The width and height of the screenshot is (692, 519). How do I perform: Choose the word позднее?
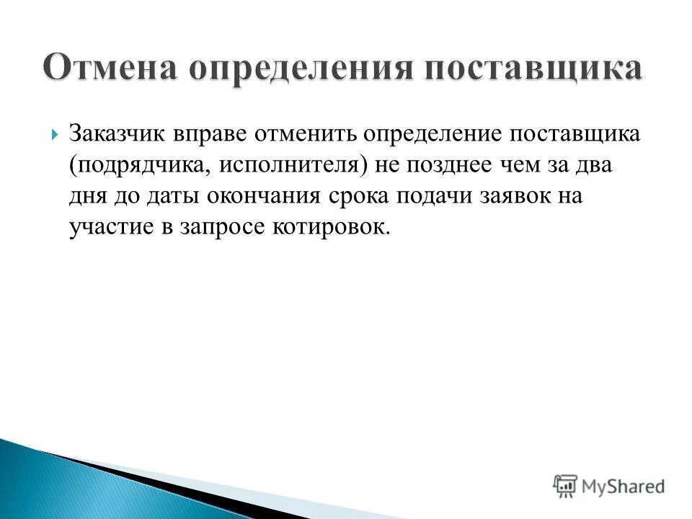[437, 165]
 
